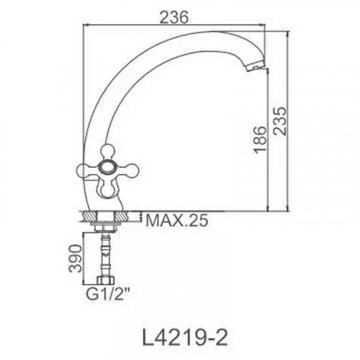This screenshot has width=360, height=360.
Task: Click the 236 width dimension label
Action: [x=174, y=17]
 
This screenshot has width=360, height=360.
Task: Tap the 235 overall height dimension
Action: [x=280, y=121]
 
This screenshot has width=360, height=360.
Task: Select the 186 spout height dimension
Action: [x=261, y=140]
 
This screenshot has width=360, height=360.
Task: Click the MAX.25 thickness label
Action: [x=177, y=220]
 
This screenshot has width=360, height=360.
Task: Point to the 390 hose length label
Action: [x=75, y=258]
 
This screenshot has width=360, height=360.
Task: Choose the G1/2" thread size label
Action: [x=108, y=294]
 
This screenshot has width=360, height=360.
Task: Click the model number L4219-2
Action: [x=185, y=337]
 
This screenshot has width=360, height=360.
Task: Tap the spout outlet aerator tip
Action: [x=255, y=66]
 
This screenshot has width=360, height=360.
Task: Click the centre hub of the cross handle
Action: [x=107, y=168]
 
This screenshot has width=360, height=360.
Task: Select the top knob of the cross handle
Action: [x=107, y=152]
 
